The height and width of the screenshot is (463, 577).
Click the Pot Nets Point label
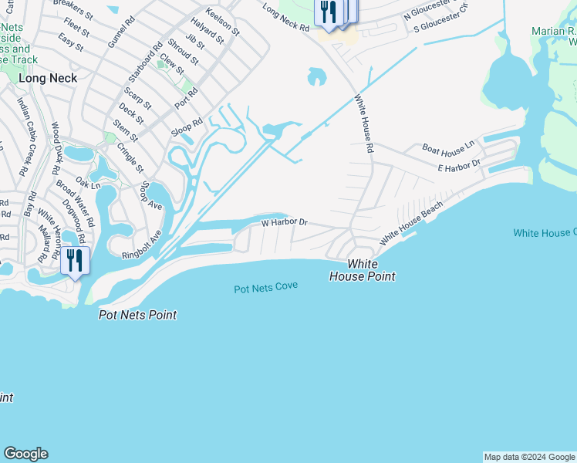[138, 315]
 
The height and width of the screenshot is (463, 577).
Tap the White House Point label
[363, 270]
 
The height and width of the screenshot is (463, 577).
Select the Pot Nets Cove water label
[266, 288]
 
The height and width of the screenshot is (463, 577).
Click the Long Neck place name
[48, 78]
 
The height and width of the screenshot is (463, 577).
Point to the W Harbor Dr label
[284, 222]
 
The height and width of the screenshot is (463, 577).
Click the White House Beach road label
[411, 221]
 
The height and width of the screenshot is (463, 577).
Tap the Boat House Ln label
[447, 147]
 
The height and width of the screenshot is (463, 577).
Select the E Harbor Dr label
[458, 165]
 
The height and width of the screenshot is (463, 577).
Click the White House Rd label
[364, 123]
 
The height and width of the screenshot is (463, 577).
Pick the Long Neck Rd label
[285, 18]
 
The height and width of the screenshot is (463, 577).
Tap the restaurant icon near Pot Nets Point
[75, 260]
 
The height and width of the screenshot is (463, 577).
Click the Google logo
[25, 454]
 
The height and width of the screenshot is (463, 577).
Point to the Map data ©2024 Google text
[529, 457]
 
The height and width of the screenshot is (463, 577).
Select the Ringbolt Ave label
[141, 245]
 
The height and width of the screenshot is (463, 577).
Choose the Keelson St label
[223, 22]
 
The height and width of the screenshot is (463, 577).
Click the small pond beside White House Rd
[316, 76]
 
